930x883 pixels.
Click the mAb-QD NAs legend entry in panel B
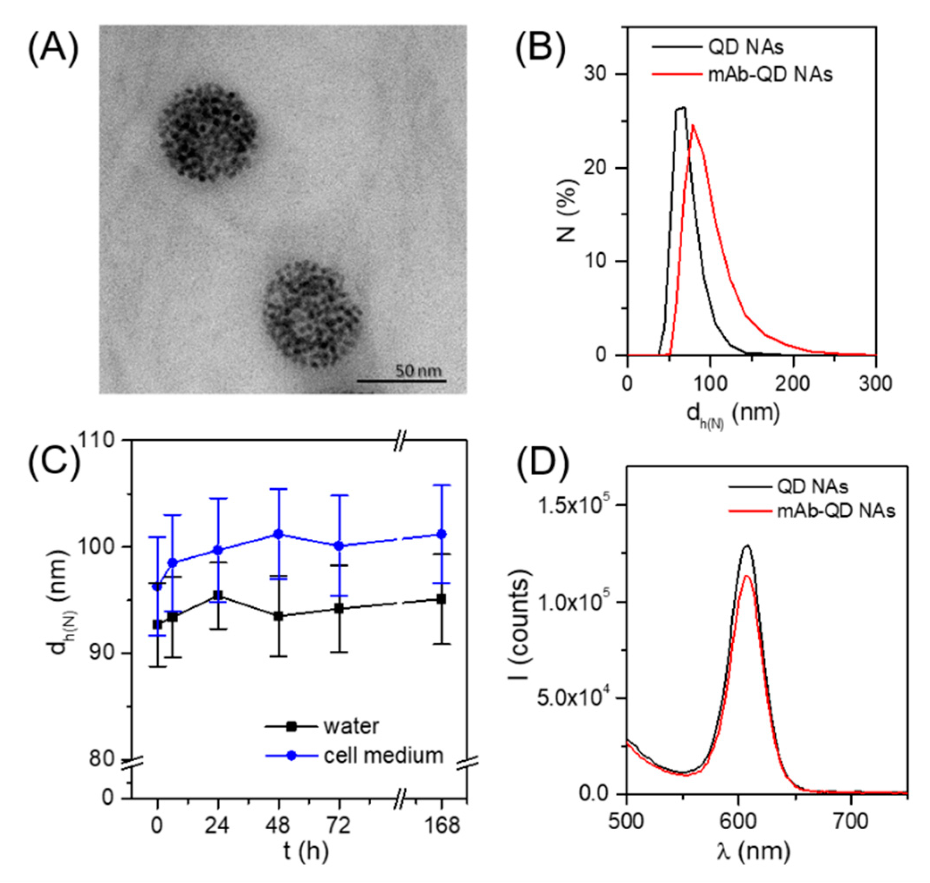pos(770,74)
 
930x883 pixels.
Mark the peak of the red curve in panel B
pos(693,126)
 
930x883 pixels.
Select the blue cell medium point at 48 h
pos(278,534)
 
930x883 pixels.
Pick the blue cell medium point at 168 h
pos(442,534)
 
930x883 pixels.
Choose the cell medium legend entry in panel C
pos(383,755)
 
